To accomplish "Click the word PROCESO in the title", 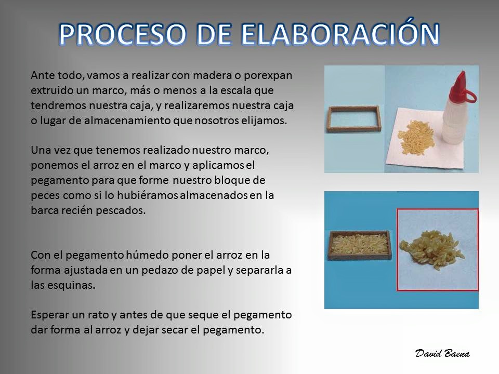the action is point(123,34).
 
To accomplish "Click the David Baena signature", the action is point(442,353).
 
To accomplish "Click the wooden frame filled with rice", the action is point(360,246).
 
